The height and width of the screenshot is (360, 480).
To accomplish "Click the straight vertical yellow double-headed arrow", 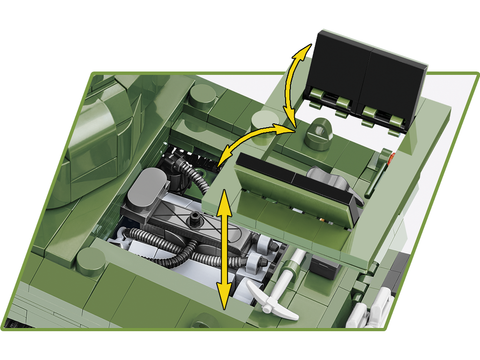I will pyautogui.click(x=223, y=244).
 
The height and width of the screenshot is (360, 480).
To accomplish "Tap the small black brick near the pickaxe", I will pyautogui.click(x=323, y=267).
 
